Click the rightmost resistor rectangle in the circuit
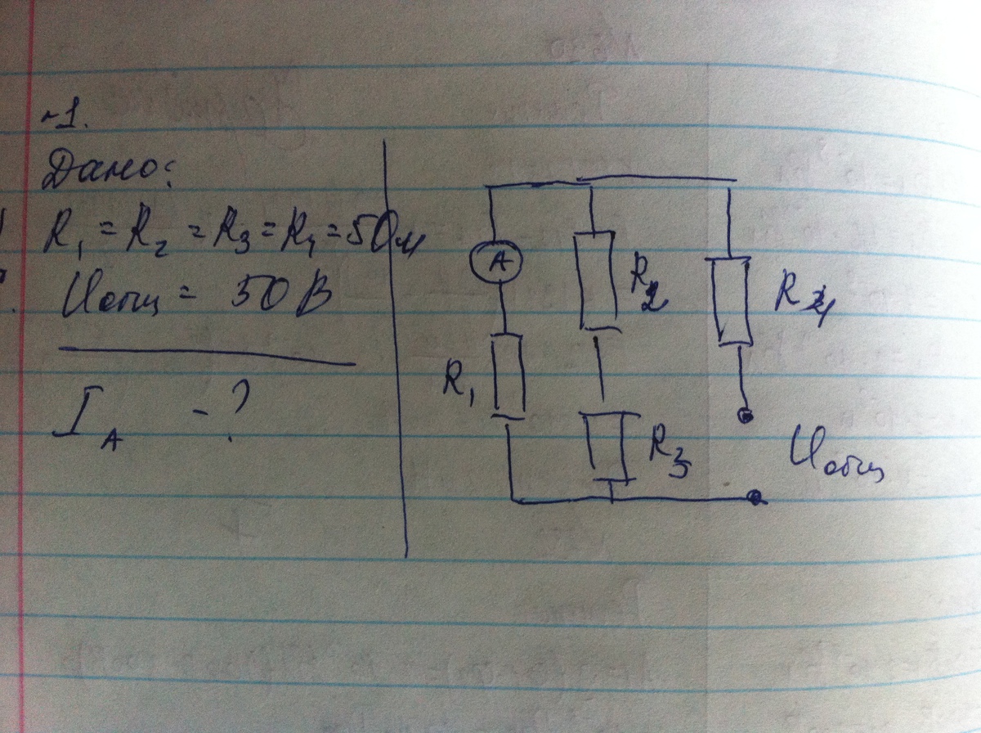click(732, 299)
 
